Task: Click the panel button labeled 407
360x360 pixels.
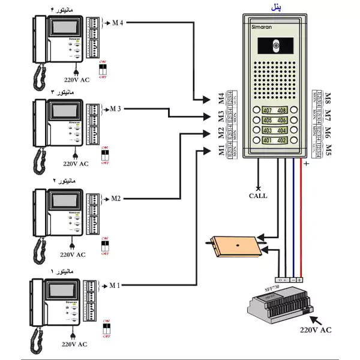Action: (x=267, y=110)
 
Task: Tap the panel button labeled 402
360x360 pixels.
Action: (x=281, y=140)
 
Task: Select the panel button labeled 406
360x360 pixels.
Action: (x=281, y=121)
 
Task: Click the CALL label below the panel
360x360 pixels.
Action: (x=258, y=196)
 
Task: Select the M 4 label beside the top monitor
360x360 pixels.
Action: (x=117, y=23)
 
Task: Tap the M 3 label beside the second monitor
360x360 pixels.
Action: (x=115, y=109)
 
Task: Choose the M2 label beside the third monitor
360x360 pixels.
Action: (x=115, y=198)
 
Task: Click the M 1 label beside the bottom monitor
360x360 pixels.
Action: (x=115, y=285)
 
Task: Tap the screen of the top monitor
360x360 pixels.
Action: (x=63, y=28)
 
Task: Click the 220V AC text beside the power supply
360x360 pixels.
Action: (x=316, y=329)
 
